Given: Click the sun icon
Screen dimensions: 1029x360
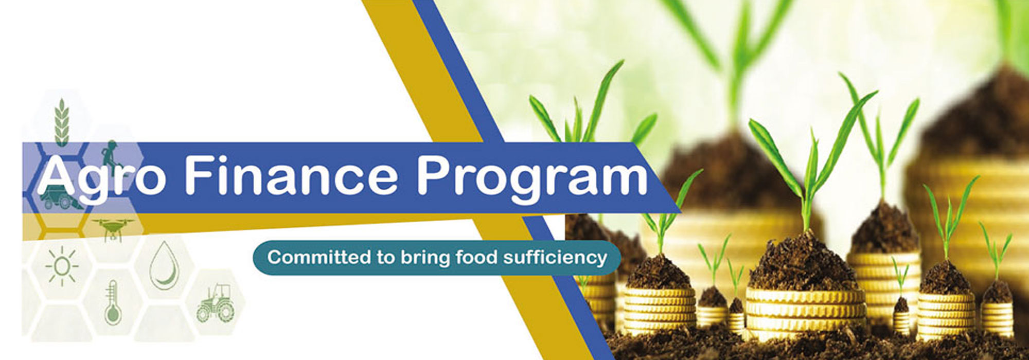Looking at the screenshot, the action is click(x=62, y=265).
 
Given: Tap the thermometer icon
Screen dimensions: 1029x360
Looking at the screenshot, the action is click(x=112, y=303).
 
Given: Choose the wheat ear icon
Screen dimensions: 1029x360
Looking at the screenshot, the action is click(x=62, y=122).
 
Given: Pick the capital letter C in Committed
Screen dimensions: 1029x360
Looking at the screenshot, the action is click(x=274, y=257).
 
